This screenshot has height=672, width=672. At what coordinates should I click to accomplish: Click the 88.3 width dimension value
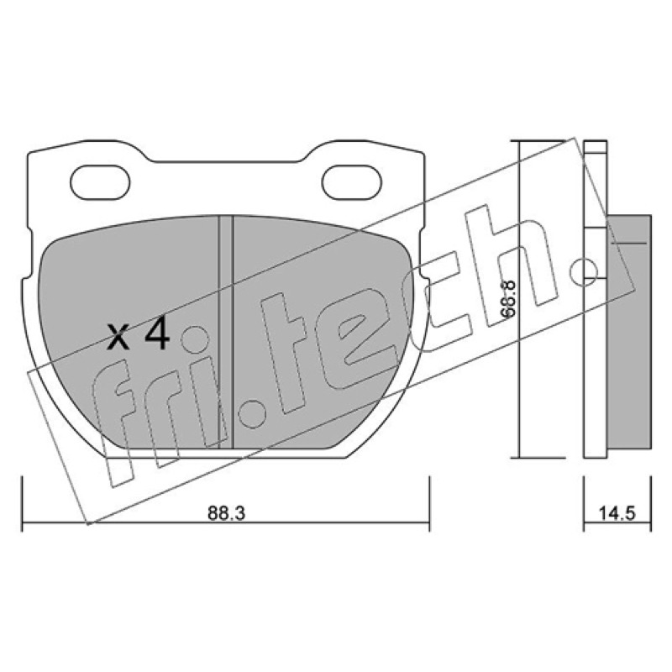[226, 513]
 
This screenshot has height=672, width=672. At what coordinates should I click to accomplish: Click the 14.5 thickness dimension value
[617, 513]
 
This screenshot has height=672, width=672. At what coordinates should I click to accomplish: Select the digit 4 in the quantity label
[157, 334]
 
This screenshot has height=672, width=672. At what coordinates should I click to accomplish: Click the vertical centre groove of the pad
[225, 332]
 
